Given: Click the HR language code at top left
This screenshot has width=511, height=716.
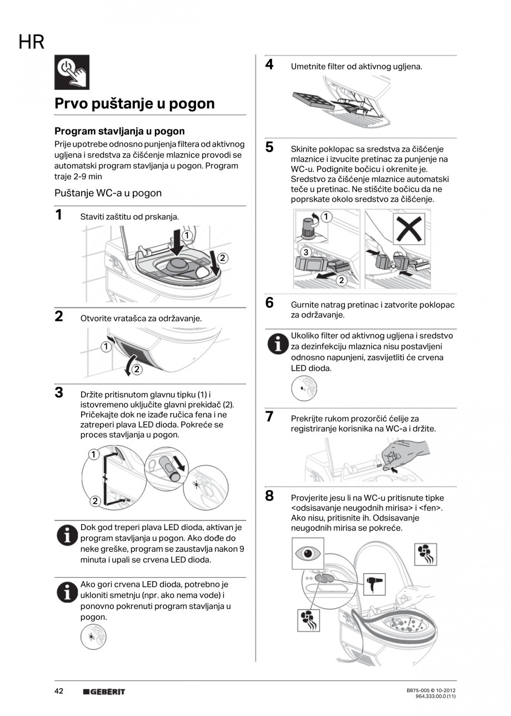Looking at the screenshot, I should point(32,42).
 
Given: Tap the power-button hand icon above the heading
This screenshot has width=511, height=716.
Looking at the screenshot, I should point(72,73).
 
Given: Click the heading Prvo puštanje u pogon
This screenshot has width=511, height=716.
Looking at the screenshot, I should point(134,104).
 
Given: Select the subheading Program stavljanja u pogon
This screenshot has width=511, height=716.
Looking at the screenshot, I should point(119,132).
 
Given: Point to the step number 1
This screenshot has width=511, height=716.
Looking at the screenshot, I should point(58,215).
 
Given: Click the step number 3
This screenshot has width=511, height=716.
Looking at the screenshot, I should point(58,392).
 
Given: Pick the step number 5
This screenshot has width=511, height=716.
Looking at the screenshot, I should point(269,147).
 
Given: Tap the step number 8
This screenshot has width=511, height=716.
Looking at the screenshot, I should point(269,496).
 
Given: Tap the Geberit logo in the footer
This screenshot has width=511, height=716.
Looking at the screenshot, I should point(104,692).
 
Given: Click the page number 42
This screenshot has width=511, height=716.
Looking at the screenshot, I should point(59,691).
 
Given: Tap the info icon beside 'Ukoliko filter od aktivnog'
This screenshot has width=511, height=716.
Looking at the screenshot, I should point(275,344).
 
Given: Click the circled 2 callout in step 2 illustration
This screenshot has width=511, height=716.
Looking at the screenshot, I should point(137,369).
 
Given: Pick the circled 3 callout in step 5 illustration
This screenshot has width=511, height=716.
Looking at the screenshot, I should point(305,253).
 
